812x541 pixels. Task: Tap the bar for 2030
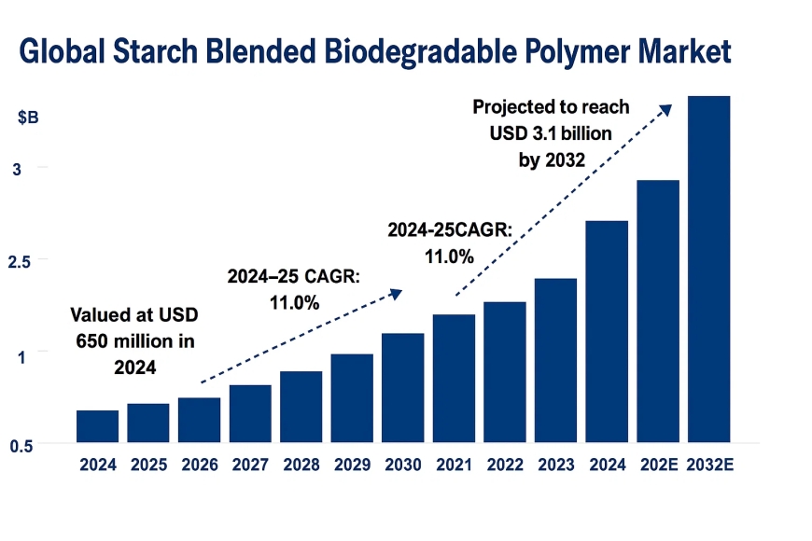point(403,387)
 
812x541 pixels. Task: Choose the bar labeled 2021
point(454,378)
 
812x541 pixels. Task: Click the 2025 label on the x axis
point(148,464)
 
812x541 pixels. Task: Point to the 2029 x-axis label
point(352,464)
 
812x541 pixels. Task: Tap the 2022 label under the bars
point(505,464)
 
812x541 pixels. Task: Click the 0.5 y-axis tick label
point(21,446)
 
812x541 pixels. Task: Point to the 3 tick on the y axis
point(17,168)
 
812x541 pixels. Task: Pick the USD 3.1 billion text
point(551,133)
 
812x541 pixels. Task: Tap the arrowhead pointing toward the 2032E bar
point(666,108)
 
